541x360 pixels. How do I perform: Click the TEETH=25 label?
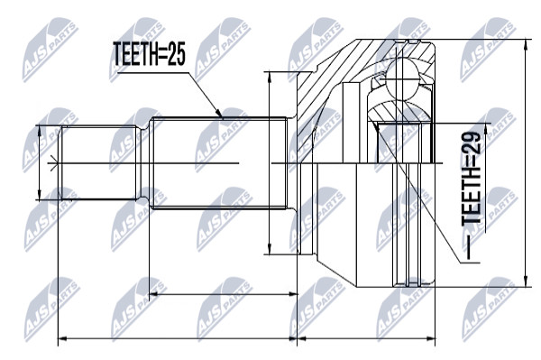pos(149,54)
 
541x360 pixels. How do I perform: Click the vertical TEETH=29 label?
pos(472,179)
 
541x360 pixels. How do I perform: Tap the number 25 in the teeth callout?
pos(177,54)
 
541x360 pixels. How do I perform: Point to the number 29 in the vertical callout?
pos(472,143)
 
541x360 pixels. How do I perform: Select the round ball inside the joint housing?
pos(402,79)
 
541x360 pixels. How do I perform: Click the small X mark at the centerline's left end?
pos(52,163)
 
